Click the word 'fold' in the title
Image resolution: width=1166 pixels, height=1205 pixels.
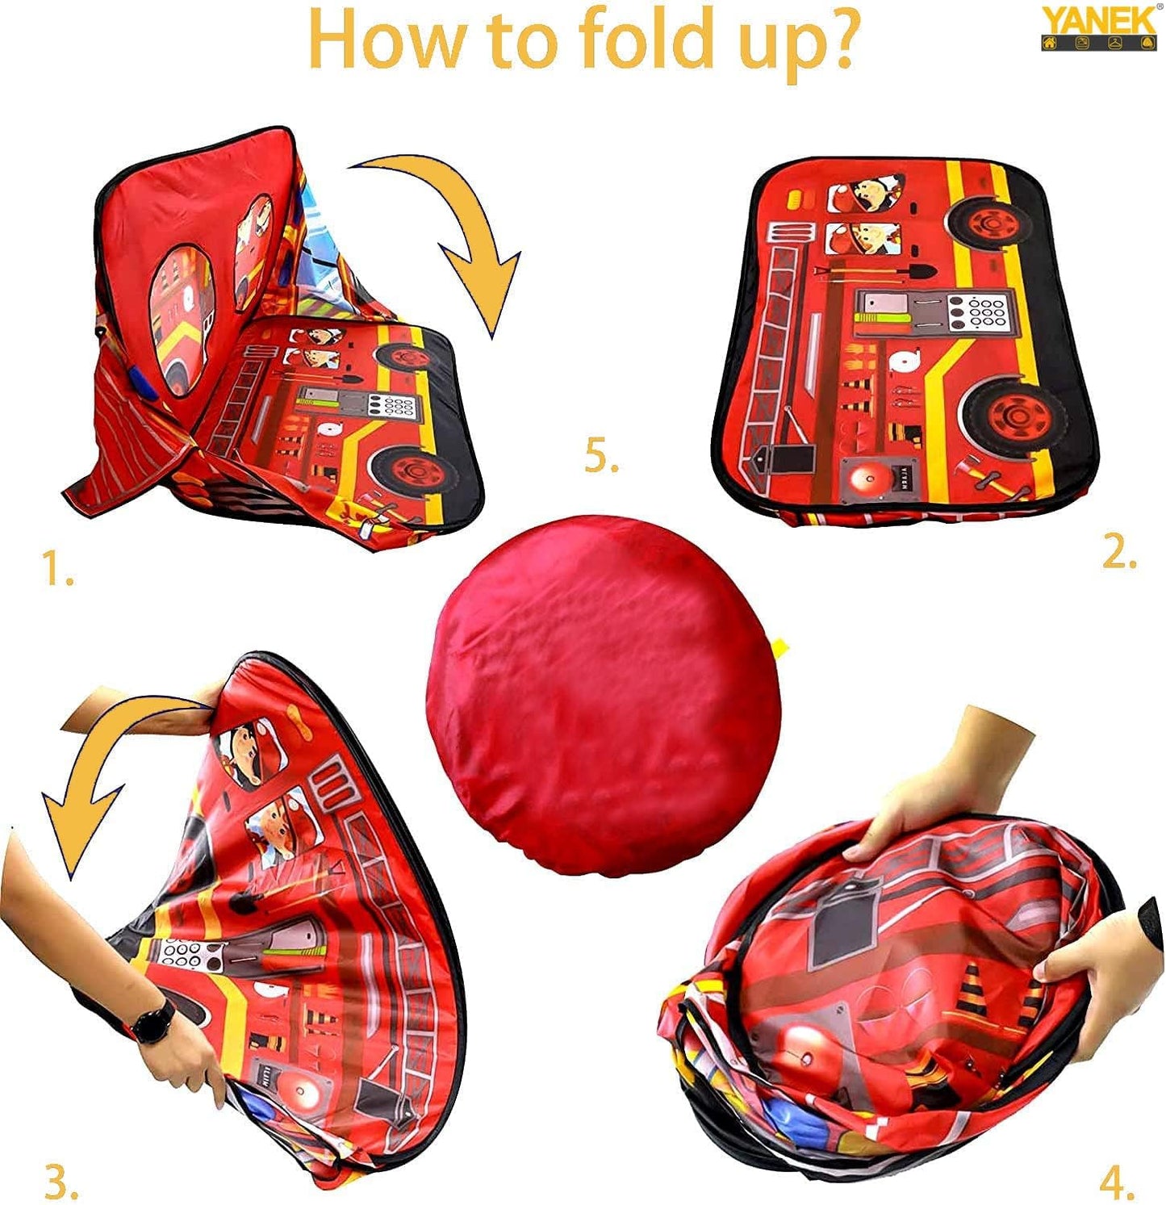click(646, 40)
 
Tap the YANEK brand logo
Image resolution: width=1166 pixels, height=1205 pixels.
click(1098, 28)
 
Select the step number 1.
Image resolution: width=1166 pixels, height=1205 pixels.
click(56, 570)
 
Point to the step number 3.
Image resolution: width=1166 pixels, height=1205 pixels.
click(61, 1183)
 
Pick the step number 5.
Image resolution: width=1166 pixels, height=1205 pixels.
click(601, 458)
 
